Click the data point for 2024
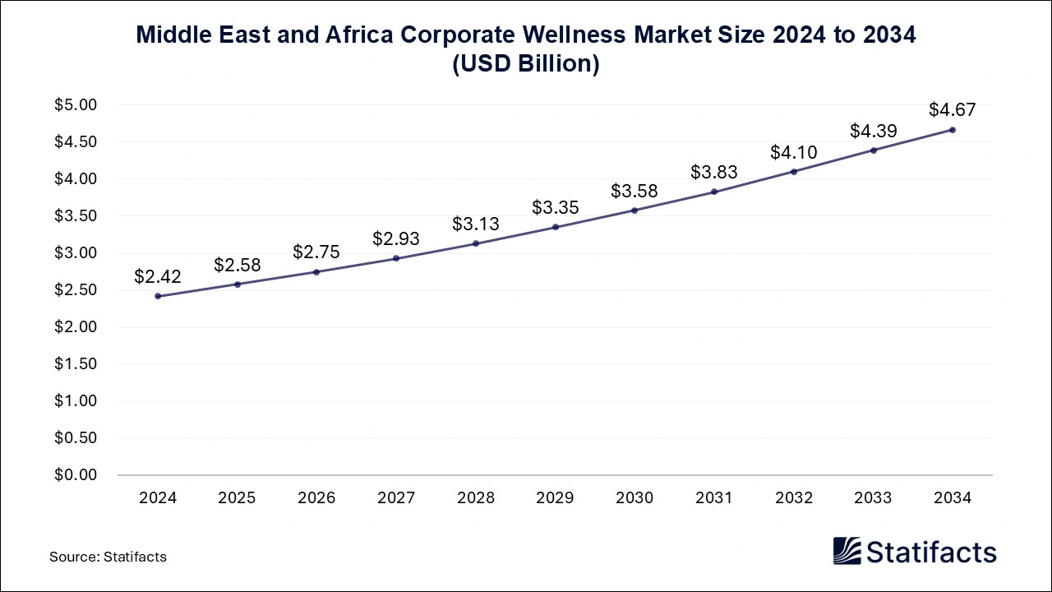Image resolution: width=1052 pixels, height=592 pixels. click(x=158, y=296)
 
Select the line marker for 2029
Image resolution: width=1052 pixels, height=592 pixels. click(x=556, y=227)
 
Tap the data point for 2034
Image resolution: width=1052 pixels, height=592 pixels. click(x=953, y=130)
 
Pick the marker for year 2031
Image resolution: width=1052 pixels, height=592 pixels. click(x=714, y=192)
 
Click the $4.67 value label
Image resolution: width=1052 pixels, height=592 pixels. click(x=953, y=109)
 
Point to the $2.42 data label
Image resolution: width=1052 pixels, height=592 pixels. click(x=158, y=276)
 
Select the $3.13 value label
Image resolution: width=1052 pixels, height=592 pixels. click(x=476, y=224)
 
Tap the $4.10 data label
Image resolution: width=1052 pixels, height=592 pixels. click(x=794, y=152)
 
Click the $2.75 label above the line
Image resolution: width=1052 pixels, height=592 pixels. click(x=316, y=252)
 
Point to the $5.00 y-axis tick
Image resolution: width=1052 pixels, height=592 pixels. click(x=76, y=105)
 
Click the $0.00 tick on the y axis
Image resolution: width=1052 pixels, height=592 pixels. click(x=76, y=475)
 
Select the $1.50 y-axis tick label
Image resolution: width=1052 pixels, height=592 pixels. click(x=76, y=364)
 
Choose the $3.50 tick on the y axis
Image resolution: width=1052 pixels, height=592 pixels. click(x=76, y=216)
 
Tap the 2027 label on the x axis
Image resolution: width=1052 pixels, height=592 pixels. click(x=396, y=498)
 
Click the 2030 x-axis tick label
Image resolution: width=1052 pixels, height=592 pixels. click(x=634, y=498)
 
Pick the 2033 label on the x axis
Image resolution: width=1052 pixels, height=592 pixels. click(x=873, y=498)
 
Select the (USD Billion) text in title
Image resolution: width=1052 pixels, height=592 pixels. click(x=526, y=64)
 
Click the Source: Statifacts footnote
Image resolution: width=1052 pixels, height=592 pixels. click(x=108, y=557)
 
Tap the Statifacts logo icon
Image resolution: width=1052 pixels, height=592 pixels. click(x=847, y=551)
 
